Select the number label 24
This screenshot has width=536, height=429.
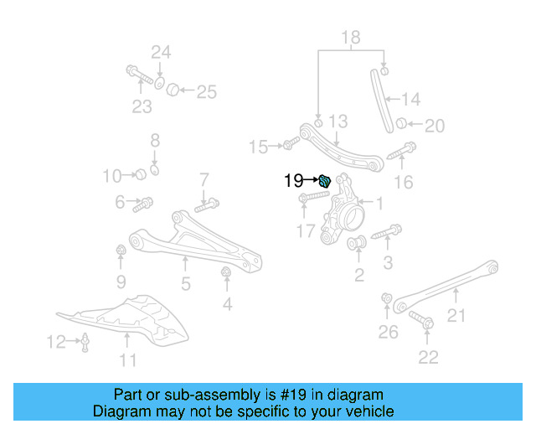[x=161, y=52]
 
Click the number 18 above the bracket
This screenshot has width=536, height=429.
[x=350, y=36]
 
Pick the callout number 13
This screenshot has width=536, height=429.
[x=337, y=121]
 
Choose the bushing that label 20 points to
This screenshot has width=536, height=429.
[x=401, y=125]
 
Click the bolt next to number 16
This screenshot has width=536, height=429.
[x=403, y=151]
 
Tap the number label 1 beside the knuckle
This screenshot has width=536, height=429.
[x=378, y=203]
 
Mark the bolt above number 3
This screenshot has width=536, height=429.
[x=387, y=231]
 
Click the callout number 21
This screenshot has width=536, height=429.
[x=456, y=315]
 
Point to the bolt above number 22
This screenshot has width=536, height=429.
[x=421, y=319]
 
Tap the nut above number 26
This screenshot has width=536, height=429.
[x=387, y=298]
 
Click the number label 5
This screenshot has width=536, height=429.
[x=186, y=284]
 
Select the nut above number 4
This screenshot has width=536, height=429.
[x=225, y=272]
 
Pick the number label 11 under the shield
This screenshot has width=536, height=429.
[x=127, y=361]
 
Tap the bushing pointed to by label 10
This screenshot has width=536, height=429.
[x=142, y=173]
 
